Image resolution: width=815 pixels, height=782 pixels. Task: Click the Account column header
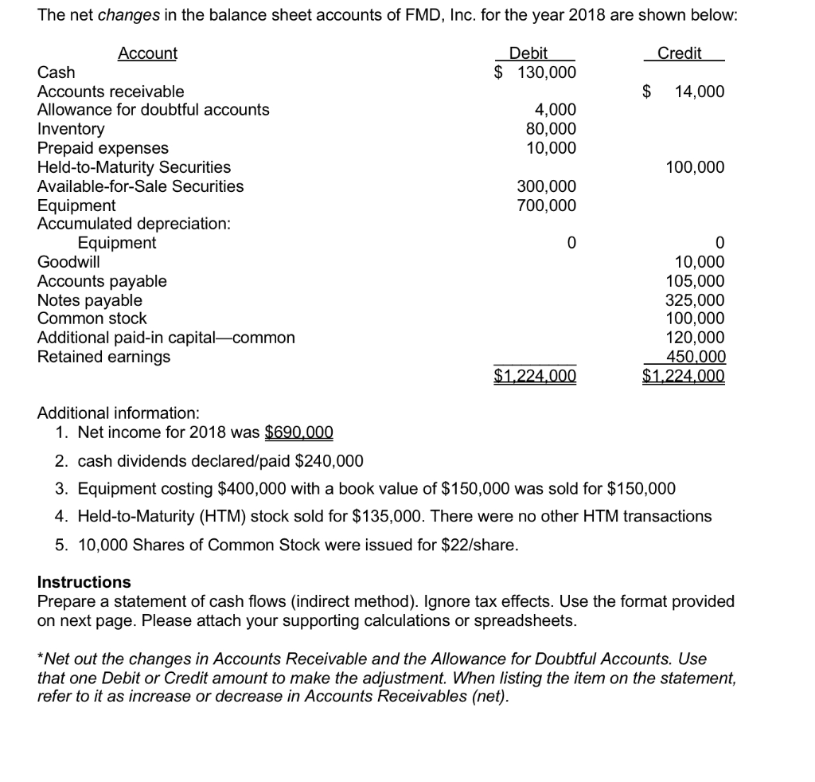tap(147, 53)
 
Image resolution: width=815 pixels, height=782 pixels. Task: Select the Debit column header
tap(528, 53)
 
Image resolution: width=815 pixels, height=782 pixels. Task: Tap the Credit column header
tap(679, 53)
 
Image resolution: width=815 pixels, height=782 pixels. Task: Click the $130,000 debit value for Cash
tap(535, 72)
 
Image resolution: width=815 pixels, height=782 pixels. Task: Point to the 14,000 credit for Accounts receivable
tap(699, 92)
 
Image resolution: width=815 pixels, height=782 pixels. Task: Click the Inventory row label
tap(71, 129)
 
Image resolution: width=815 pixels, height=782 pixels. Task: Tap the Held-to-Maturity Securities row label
tap(134, 167)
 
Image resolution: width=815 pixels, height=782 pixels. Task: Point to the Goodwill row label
tap(68, 262)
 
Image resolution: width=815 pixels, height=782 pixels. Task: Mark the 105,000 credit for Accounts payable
tap(695, 281)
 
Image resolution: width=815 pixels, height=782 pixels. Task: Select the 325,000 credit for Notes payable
tap(695, 300)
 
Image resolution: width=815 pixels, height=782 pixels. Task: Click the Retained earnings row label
tap(103, 357)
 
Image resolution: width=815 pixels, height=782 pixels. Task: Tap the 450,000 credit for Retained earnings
tap(695, 357)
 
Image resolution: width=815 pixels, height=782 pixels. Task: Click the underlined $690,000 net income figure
tap(298, 433)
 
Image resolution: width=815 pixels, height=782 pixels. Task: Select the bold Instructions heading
tap(84, 582)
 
